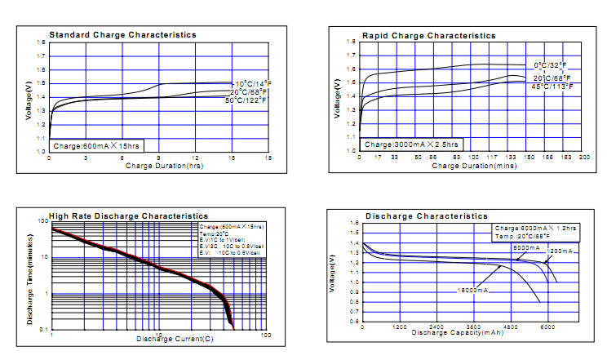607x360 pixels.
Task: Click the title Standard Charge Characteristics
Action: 122,35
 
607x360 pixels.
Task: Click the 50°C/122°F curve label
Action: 247,100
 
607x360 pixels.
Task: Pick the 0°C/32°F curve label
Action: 549,64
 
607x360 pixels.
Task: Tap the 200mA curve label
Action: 561,252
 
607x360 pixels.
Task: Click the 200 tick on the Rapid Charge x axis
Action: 583,157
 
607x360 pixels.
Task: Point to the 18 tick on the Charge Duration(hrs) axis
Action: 268,157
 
